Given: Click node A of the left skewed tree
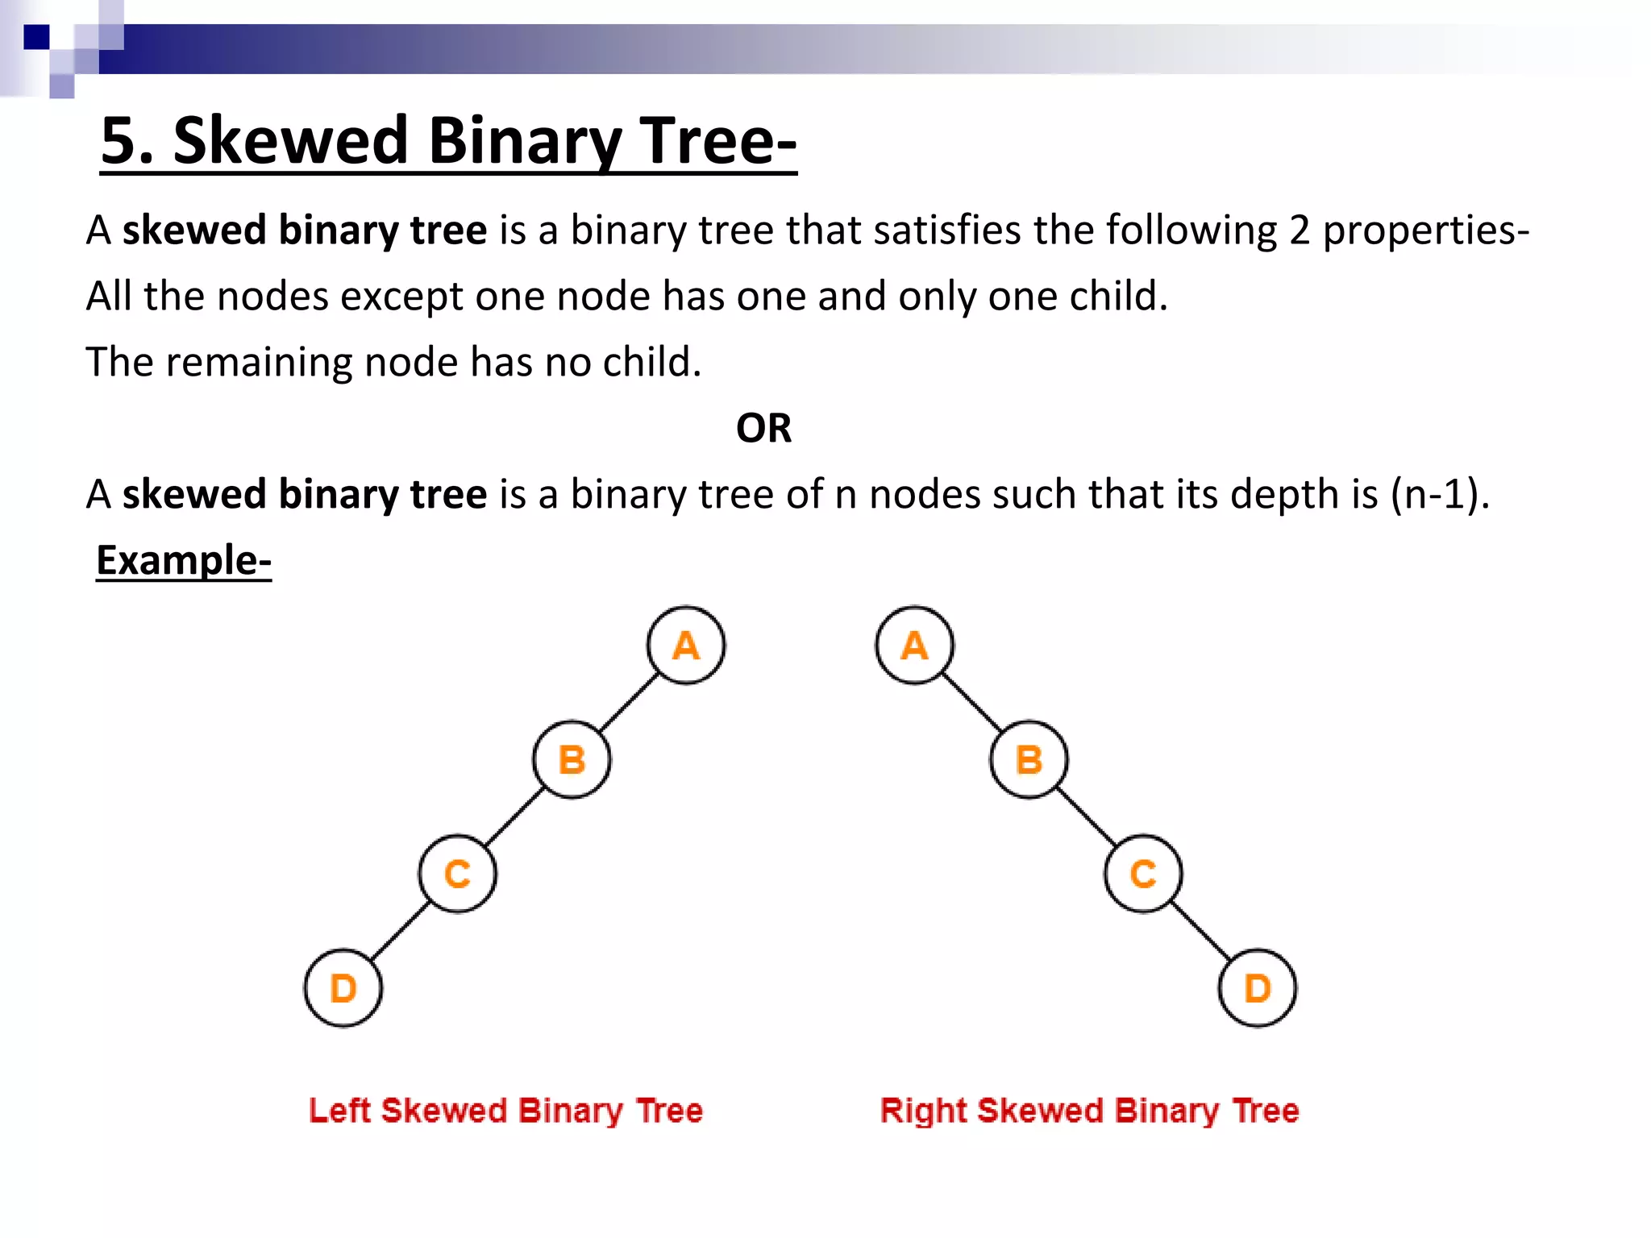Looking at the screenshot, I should pos(685,646).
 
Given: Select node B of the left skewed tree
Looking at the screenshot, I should pos(572,759).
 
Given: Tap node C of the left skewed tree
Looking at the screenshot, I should pos(457,874).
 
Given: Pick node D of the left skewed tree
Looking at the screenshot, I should pos(343,988).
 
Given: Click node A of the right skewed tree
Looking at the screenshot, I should pos(914,646).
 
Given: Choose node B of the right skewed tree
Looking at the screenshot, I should pos(1029,759).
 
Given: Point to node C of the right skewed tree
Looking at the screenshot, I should pos(1143,874).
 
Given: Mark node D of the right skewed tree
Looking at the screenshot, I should pos(1258,988).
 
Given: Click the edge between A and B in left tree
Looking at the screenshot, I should pos(629,703).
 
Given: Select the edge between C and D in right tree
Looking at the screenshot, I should pos(1200,931).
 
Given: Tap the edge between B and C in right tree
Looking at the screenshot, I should pos(1086,816).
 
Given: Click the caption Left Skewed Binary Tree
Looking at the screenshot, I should pos(505,1111).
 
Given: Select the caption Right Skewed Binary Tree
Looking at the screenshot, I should pos(1089,1111).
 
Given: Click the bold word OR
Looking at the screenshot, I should pos(763,428).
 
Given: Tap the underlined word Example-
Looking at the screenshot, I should pos(184,560).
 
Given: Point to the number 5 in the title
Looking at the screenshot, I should pos(118,140).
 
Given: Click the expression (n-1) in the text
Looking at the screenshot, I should pos(1437,494).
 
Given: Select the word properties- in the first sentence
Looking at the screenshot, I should pos(1425,231).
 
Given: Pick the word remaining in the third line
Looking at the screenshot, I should pos(260,362).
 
